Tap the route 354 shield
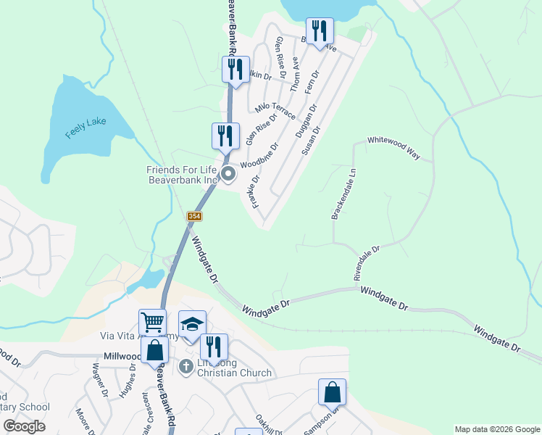click(194, 217)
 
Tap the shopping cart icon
click(152, 321)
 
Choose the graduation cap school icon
click(192, 323)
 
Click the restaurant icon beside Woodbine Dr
click(225, 135)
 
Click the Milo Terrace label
click(275, 111)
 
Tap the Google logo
click(25, 426)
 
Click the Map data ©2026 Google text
click(497, 429)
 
